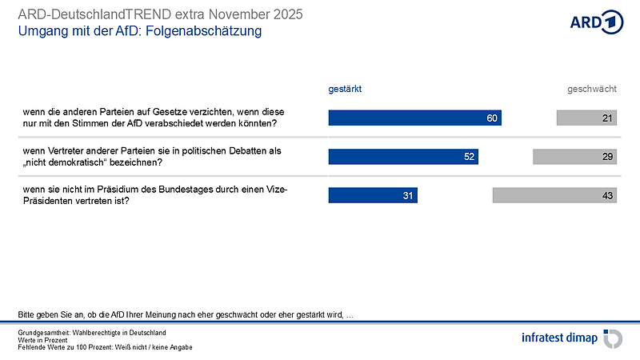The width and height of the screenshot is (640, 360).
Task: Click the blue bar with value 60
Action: click(414, 118)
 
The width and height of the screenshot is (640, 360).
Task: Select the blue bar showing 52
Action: click(403, 157)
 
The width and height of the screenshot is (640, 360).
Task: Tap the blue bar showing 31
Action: click(373, 194)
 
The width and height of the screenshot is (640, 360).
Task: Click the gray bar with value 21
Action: click(587, 118)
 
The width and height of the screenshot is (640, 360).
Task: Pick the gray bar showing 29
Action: click(575, 157)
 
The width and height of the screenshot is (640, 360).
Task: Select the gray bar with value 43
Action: click(555, 194)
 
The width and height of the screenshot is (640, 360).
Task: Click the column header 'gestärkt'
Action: click(346, 90)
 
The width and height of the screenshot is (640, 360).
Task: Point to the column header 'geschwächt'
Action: click(592, 90)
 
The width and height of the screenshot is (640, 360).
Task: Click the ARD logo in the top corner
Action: click(596, 22)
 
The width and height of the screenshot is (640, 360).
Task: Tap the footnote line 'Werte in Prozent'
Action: click(48, 339)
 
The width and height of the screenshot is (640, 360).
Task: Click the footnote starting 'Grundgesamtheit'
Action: click(91, 331)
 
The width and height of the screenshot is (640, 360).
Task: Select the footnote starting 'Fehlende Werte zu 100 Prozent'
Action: click(105, 347)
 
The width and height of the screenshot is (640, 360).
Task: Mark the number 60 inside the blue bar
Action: click(493, 118)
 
